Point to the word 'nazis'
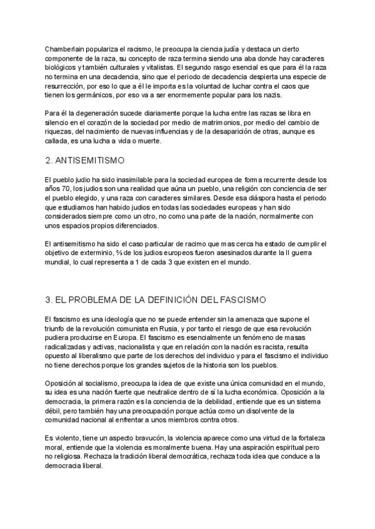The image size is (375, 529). click(269, 95)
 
